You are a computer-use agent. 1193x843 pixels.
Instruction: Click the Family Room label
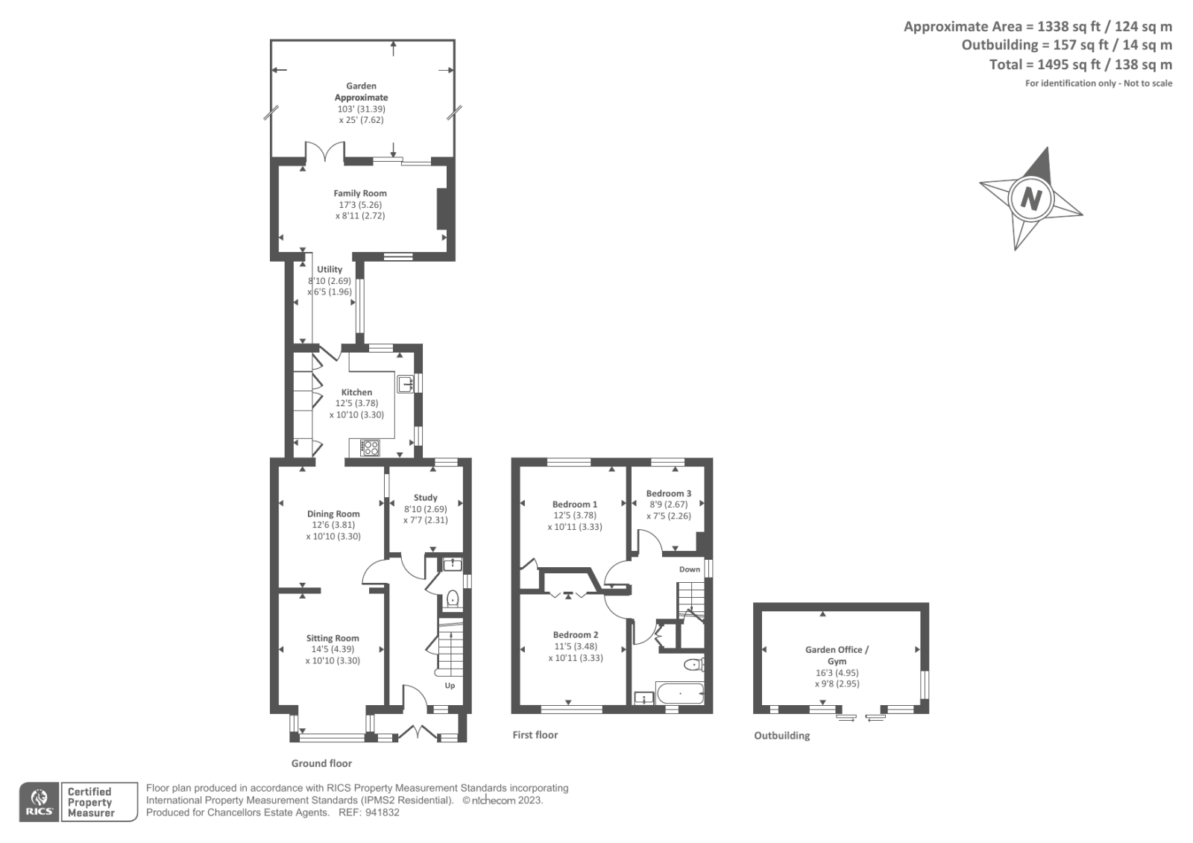(x=360, y=193)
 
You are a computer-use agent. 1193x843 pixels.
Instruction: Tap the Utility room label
(x=330, y=269)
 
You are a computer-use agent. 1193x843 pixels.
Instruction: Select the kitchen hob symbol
(x=370, y=447)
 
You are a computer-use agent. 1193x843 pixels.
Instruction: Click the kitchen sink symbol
(x=406, y=384)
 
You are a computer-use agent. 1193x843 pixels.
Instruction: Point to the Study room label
(x=425, y=497)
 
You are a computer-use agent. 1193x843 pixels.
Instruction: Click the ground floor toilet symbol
(x=452, y=598)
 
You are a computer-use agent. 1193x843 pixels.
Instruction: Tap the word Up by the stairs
(x=450, y=686)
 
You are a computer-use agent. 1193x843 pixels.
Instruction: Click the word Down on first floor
(x=690, y=569)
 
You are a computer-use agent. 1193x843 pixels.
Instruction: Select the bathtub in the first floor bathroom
(x=679, y=695)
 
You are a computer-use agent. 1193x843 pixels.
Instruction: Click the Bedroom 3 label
(x=668, y=493)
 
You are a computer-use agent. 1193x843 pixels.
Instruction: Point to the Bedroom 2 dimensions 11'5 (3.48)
(x=575, y=646)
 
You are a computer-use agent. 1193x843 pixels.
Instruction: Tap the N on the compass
(x=1030, y=199)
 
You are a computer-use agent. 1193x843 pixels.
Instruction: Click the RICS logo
(x=38, y=802)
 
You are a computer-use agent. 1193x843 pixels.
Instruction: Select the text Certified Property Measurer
(x=90, y=802)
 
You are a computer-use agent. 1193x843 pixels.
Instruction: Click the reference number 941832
(x=383, y=812)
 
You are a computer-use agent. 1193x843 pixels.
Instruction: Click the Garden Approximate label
(x=361, y=92)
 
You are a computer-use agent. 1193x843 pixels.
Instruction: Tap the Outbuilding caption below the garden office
(x=781, y=736)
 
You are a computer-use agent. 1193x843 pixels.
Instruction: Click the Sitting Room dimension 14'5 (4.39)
(x=333, y=649)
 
